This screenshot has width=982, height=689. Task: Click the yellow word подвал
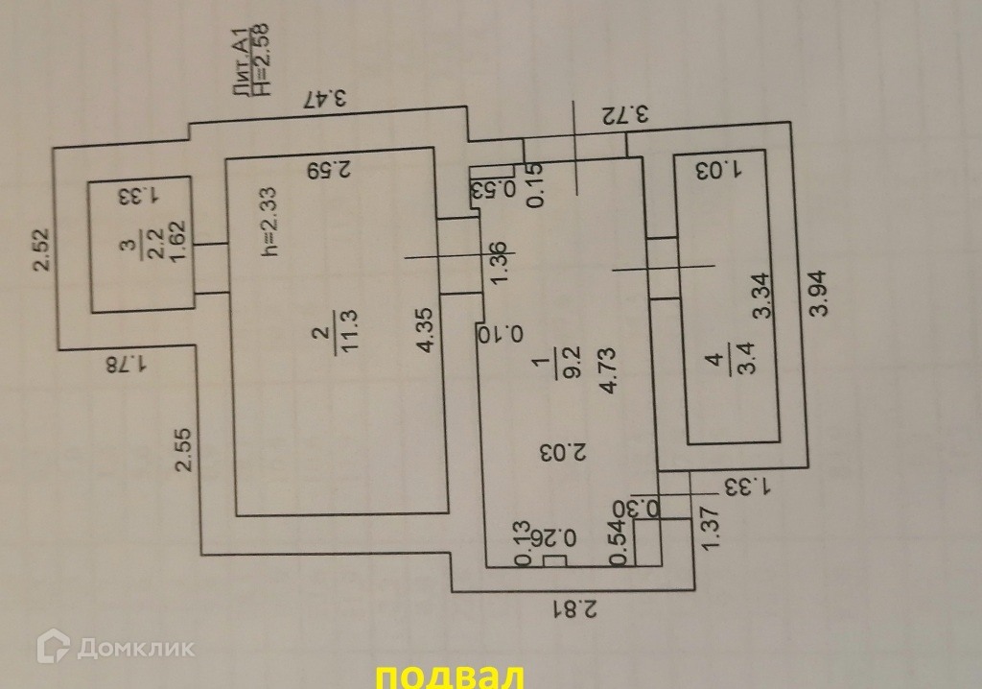(x=449, y=676)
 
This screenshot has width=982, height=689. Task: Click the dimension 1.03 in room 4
(x=721, y=171)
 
